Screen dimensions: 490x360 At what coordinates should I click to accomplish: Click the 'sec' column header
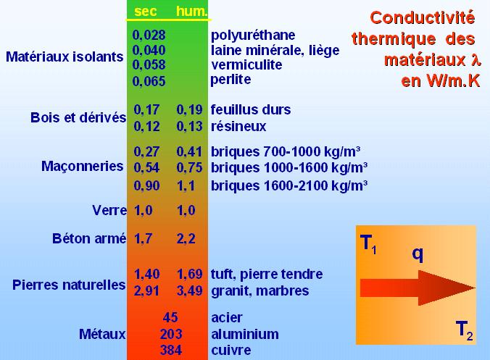tap(145, 12)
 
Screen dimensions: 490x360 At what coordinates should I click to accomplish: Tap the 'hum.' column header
tap(192, 12)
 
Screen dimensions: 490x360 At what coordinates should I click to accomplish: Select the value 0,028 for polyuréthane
tap(149, 35)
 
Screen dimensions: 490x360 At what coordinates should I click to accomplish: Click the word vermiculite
tap(246, 64)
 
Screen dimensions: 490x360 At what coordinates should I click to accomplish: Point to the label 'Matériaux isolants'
tap(65, 56)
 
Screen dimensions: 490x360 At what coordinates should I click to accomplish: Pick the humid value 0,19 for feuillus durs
tap(189, 109)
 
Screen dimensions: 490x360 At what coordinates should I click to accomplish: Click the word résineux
tap(238, 127)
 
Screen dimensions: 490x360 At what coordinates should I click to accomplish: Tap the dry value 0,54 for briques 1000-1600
tap(146, 167)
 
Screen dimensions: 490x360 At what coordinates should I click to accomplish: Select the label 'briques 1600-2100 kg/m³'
tap(289, 185)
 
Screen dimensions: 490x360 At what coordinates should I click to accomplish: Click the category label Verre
tap(109, 210)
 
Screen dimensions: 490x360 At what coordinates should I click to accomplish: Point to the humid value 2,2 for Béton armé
tap(186, 239)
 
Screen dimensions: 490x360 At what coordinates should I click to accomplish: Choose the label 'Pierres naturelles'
tap(69, 285)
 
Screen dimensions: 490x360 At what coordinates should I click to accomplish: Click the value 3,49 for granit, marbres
tap(190, 290)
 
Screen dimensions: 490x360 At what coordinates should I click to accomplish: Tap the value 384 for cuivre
tap(171, 350)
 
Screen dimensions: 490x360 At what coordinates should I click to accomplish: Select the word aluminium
tap(245, 334)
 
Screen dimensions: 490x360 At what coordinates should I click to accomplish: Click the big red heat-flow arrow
tap(418, 288)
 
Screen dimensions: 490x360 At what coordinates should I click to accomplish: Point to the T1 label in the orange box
tap(368, 244)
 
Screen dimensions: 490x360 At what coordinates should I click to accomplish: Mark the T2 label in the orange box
tap(465, 330)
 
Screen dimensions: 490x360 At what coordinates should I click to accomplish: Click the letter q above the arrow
tap(418, 254)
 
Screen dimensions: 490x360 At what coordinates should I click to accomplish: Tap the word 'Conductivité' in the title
tap(423, 17)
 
